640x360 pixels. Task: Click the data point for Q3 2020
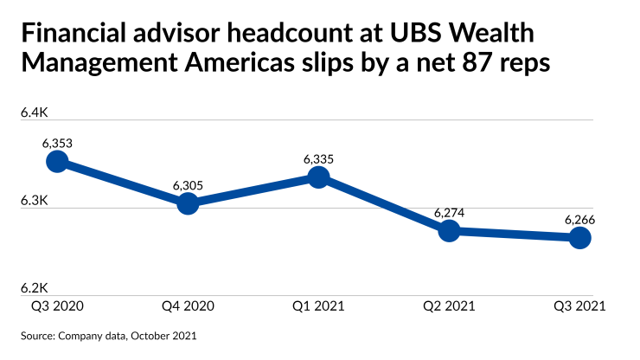point(57,162)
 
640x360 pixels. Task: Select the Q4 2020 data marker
point(188,204)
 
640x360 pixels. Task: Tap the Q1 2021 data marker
point(318,177)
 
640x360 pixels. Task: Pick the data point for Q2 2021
point(449,231)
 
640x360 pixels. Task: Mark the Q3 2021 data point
point(579,238)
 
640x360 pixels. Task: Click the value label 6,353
point(57,142)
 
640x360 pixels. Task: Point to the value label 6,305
point(188,185)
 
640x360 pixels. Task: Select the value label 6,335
point(318,159)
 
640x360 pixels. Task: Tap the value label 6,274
point(449,212)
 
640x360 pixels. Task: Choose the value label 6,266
point(579,219)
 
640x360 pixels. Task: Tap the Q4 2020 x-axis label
point(188,306)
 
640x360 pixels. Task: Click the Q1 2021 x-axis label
point(318,306)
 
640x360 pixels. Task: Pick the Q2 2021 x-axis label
point(449,306)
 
